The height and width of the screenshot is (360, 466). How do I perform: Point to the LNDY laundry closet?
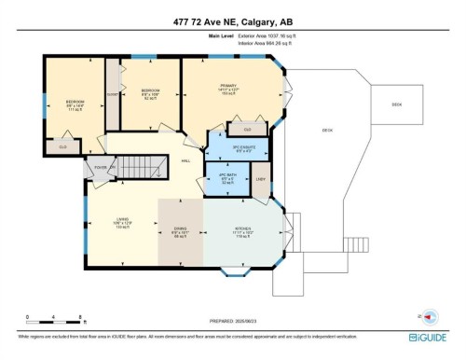tap(260, 179)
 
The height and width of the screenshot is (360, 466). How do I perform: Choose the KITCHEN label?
tap(244, 235)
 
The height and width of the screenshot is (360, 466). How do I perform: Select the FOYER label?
tap(99, 169)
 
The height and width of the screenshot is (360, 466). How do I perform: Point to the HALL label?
tap(185, 159)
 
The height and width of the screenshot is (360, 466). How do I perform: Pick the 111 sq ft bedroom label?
tap(75, 104)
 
